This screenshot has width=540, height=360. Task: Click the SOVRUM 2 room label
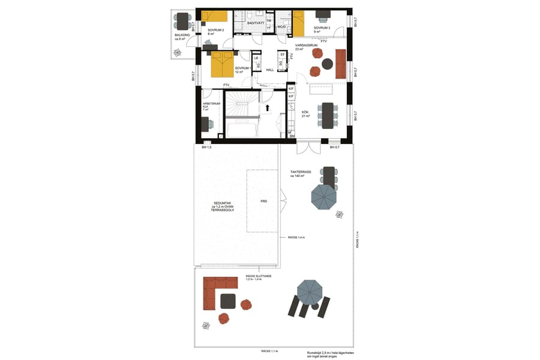coord(215,30)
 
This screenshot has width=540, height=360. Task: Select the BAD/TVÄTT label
coord(257,23)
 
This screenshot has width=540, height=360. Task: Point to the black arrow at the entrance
coord(268,109)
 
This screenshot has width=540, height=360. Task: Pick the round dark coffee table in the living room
coord(328,64)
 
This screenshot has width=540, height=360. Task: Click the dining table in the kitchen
coord(328,115)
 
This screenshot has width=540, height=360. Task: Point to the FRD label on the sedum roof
coord(263,202)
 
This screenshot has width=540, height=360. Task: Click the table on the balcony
coord(182,21)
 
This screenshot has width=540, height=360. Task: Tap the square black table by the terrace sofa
coord(228,301)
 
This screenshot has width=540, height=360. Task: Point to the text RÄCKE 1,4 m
coord(296,238)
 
